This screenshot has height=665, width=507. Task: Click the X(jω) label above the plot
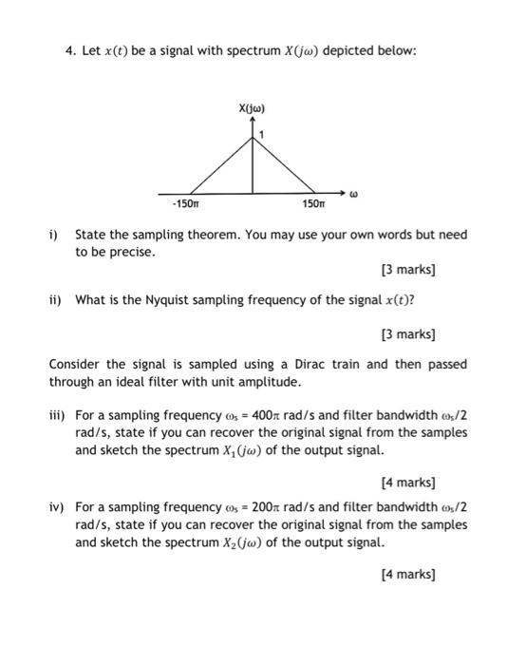[x=253, y=109]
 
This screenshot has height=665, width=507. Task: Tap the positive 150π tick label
[x=314, y=204]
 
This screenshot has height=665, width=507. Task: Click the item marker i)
[x=54, y=234]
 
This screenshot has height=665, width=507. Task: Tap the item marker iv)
[x=57, y=507]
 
